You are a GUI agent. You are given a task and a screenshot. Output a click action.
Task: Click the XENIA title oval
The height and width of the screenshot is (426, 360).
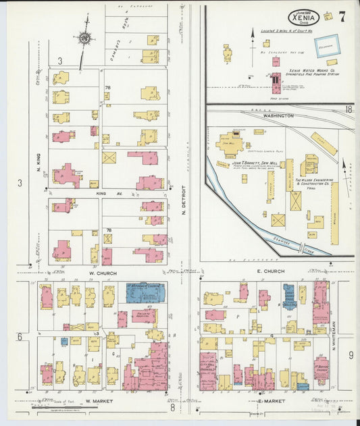click(x=305, y=18)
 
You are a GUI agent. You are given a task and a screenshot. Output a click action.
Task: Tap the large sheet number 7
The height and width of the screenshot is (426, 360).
click(x=342, y=17)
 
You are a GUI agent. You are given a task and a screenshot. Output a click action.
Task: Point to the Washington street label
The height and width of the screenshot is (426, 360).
click(x=278, y=115)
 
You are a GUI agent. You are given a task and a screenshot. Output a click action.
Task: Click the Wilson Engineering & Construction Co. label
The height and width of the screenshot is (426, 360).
click(x=313, y=182)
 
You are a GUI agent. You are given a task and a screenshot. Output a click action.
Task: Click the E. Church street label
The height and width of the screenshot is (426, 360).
click(x=270, y=271)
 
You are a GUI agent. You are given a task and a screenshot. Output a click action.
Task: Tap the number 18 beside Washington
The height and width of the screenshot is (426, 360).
click(x=349, y=109)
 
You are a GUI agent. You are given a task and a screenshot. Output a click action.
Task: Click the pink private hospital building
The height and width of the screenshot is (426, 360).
click(x=143, y=315)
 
